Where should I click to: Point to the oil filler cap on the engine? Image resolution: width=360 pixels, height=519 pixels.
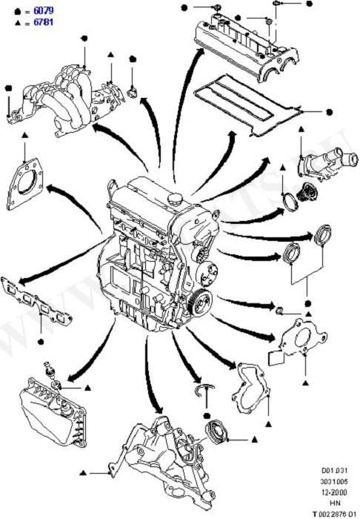tap(177, 199)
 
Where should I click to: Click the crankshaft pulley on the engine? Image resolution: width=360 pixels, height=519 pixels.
tap(198, 302)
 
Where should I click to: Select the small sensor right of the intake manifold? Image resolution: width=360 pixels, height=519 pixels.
tap(133, 91)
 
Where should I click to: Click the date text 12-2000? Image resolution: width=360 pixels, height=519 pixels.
tap(334, 491)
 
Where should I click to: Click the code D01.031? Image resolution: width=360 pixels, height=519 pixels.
tap(334, 470)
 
